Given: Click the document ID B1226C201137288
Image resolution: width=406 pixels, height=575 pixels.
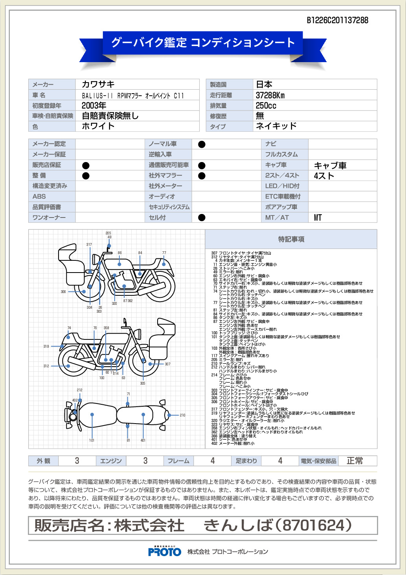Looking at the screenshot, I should point(337,20).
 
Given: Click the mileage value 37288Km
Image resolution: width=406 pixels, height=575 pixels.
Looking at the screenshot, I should point(270,95).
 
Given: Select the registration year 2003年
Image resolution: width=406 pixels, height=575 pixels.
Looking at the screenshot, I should point(94,105).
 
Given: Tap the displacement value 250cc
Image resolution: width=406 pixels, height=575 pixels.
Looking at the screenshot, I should point(266,105).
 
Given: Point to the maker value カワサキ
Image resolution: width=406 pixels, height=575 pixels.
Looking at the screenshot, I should point(98,84).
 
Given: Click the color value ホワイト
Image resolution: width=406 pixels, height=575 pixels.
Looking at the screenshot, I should point(98,126).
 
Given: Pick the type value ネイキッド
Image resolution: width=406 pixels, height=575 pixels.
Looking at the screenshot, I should point(276,126).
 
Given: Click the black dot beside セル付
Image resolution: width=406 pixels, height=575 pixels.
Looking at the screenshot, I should point(202,217).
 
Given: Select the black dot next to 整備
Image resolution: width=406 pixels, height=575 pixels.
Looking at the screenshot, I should point(86,176).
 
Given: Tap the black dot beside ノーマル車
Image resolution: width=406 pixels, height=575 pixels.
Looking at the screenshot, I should point(202,144).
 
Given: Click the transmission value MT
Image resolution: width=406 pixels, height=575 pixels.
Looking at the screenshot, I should point(318,217).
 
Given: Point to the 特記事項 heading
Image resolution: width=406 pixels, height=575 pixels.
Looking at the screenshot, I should point(291,239).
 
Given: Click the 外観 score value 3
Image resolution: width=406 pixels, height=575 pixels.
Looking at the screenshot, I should point(77,461).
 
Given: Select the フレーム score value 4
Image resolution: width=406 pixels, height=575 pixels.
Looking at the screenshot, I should point(213,461).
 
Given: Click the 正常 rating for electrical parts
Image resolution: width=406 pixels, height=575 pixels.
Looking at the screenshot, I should point(355,461).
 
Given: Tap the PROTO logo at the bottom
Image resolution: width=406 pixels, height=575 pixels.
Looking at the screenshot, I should point(165,552).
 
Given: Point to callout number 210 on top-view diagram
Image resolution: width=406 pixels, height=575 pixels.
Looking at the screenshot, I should point(182,415).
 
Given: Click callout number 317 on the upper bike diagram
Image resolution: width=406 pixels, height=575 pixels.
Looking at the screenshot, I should point(89,245).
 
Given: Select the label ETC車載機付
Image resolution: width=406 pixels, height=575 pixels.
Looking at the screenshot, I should point(283,196).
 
